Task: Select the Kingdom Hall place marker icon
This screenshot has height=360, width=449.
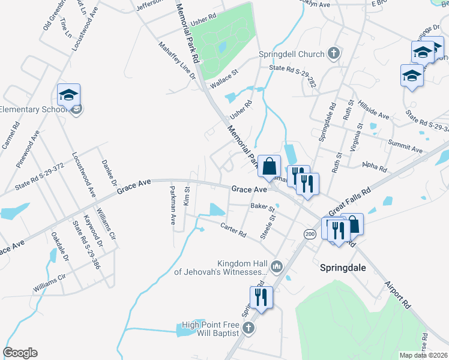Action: tap(277, 266)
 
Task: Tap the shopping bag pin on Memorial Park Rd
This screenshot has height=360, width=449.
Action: tap(270, 166)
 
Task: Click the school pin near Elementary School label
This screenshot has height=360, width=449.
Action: tap(68, 95)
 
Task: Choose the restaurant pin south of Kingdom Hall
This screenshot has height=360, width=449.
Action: tap(261, 296)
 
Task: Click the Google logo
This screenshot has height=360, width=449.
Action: tap(20, 353)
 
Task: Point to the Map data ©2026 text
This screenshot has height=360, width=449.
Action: tap(423, 355)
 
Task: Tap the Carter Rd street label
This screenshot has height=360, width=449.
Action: tap(234, 229)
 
